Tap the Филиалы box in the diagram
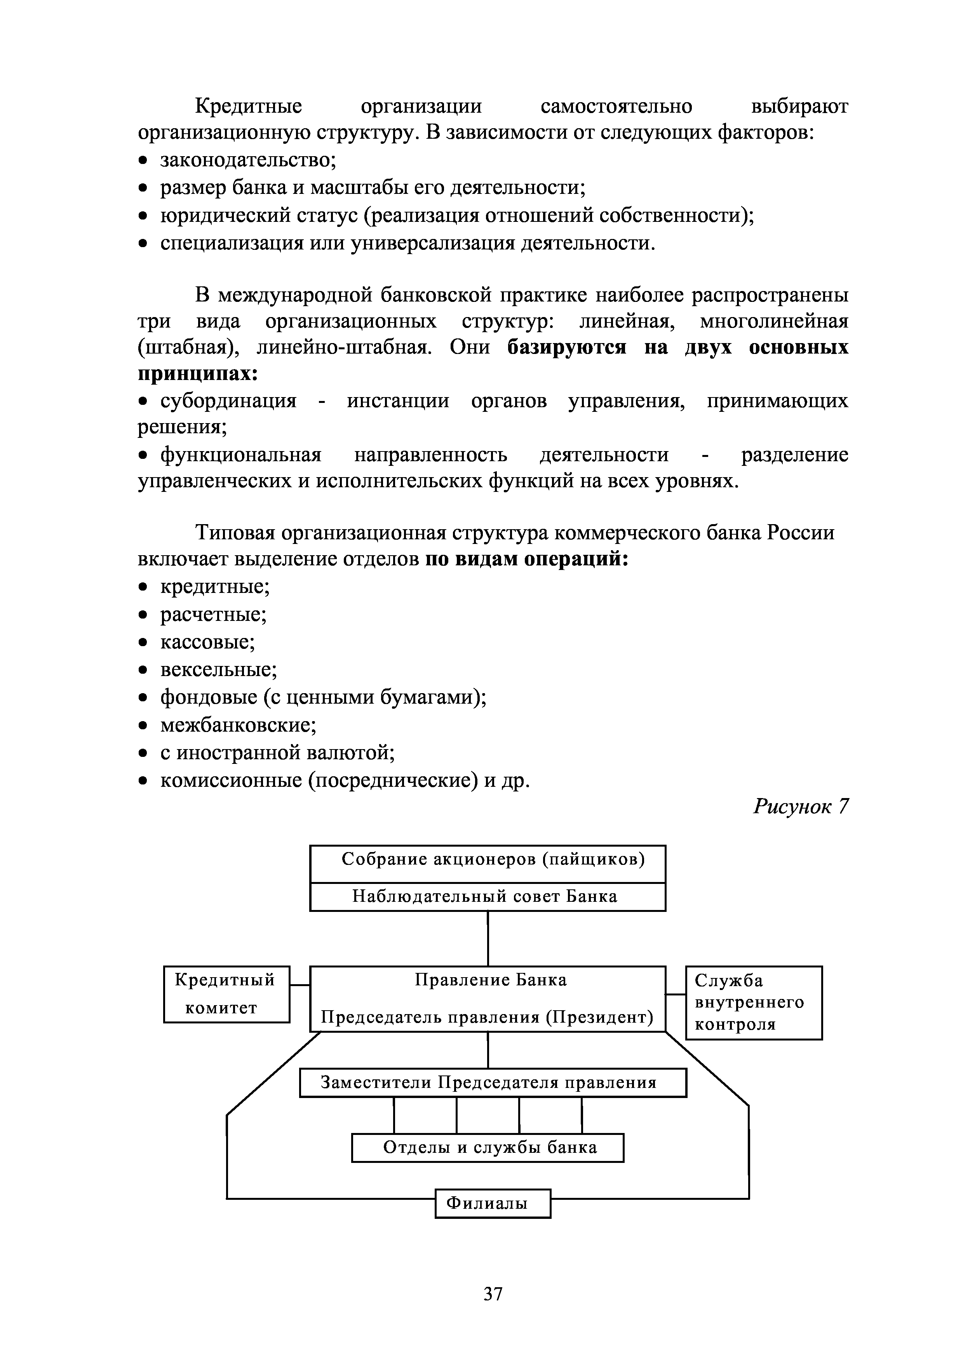493,1204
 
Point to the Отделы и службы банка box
488,1147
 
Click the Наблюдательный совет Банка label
485,896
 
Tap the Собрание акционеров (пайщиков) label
493,859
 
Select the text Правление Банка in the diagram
490,980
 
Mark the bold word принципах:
198,374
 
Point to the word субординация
228,401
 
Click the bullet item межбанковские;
239,725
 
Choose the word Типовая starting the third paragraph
235,533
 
